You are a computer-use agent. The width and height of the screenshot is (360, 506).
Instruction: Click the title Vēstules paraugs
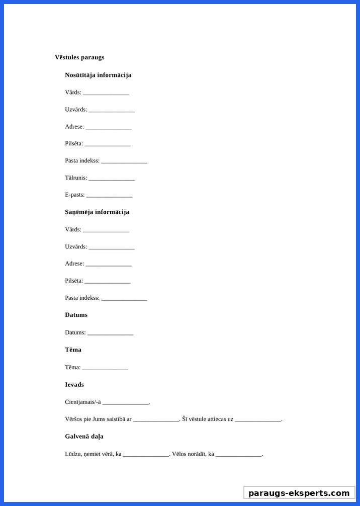click(79, 57)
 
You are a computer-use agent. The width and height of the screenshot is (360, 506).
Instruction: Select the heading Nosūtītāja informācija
click(98, 75)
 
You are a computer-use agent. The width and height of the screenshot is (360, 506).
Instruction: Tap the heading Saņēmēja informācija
click(97, 212)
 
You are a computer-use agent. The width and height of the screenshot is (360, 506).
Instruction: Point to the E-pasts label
click(74, 195)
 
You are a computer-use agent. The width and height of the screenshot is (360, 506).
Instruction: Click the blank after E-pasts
click(109, 196)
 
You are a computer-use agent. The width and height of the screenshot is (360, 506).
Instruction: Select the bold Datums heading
click(76, 315)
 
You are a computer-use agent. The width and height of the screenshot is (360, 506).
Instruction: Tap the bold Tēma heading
click(73, 350)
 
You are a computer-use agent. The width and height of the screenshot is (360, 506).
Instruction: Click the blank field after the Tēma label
click(105, 368)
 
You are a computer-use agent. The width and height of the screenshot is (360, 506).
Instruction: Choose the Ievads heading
click(74, 385)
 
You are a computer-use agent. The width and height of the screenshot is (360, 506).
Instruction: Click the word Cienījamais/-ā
click(83, 402)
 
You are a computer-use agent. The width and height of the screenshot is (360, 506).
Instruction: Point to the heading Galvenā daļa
click(84, 437)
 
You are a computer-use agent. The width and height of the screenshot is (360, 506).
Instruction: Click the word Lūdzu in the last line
click(73, 454)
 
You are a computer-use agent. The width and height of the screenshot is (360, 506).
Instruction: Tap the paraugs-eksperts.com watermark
click(299, 493)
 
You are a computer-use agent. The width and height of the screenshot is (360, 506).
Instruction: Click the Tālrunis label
click(76, 178)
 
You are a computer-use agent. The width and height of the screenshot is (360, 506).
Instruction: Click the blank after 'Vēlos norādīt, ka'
click(239, 455)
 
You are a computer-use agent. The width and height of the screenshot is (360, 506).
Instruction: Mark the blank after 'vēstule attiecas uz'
click(258, 420)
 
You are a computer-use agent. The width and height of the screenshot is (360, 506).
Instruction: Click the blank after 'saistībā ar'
click(156, 420)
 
